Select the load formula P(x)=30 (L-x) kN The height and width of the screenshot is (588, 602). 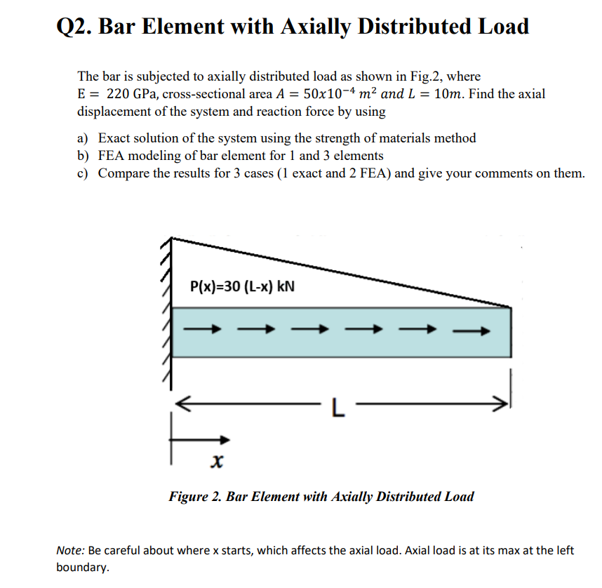pos(243,286)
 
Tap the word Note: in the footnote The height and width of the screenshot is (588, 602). pos(70,551)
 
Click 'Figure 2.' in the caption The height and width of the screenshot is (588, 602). pos(194,497)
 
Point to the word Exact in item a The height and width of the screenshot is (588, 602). pos(114,138)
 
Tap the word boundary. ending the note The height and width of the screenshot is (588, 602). pos(82,568)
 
